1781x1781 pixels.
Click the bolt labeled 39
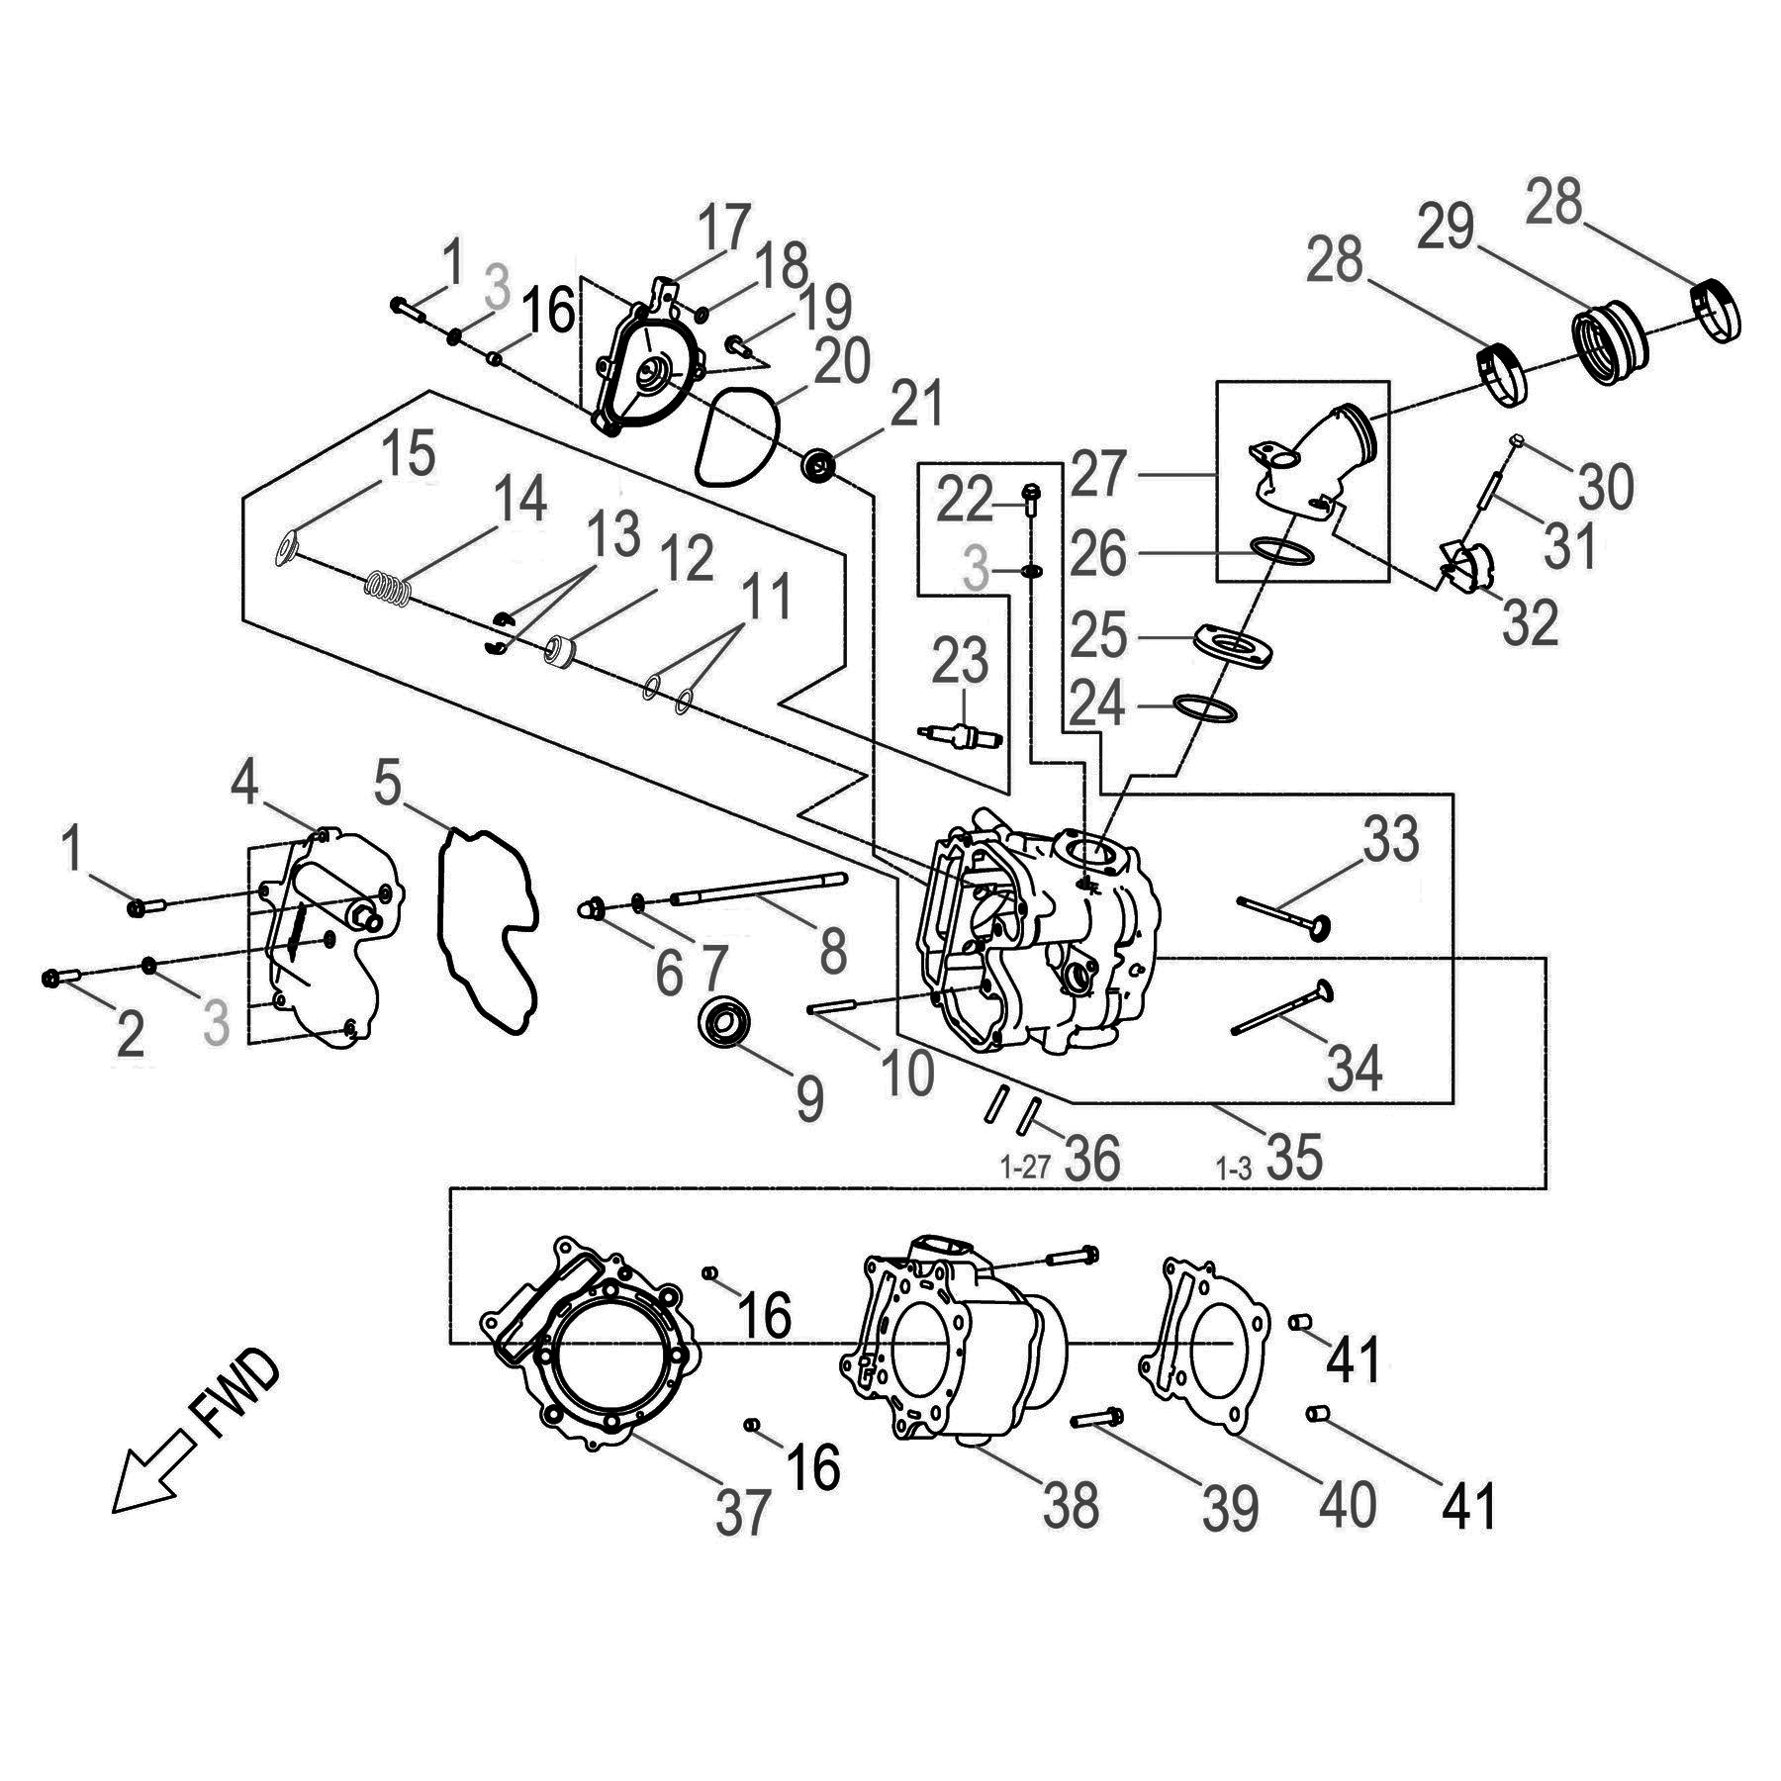coord(1096,1418)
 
